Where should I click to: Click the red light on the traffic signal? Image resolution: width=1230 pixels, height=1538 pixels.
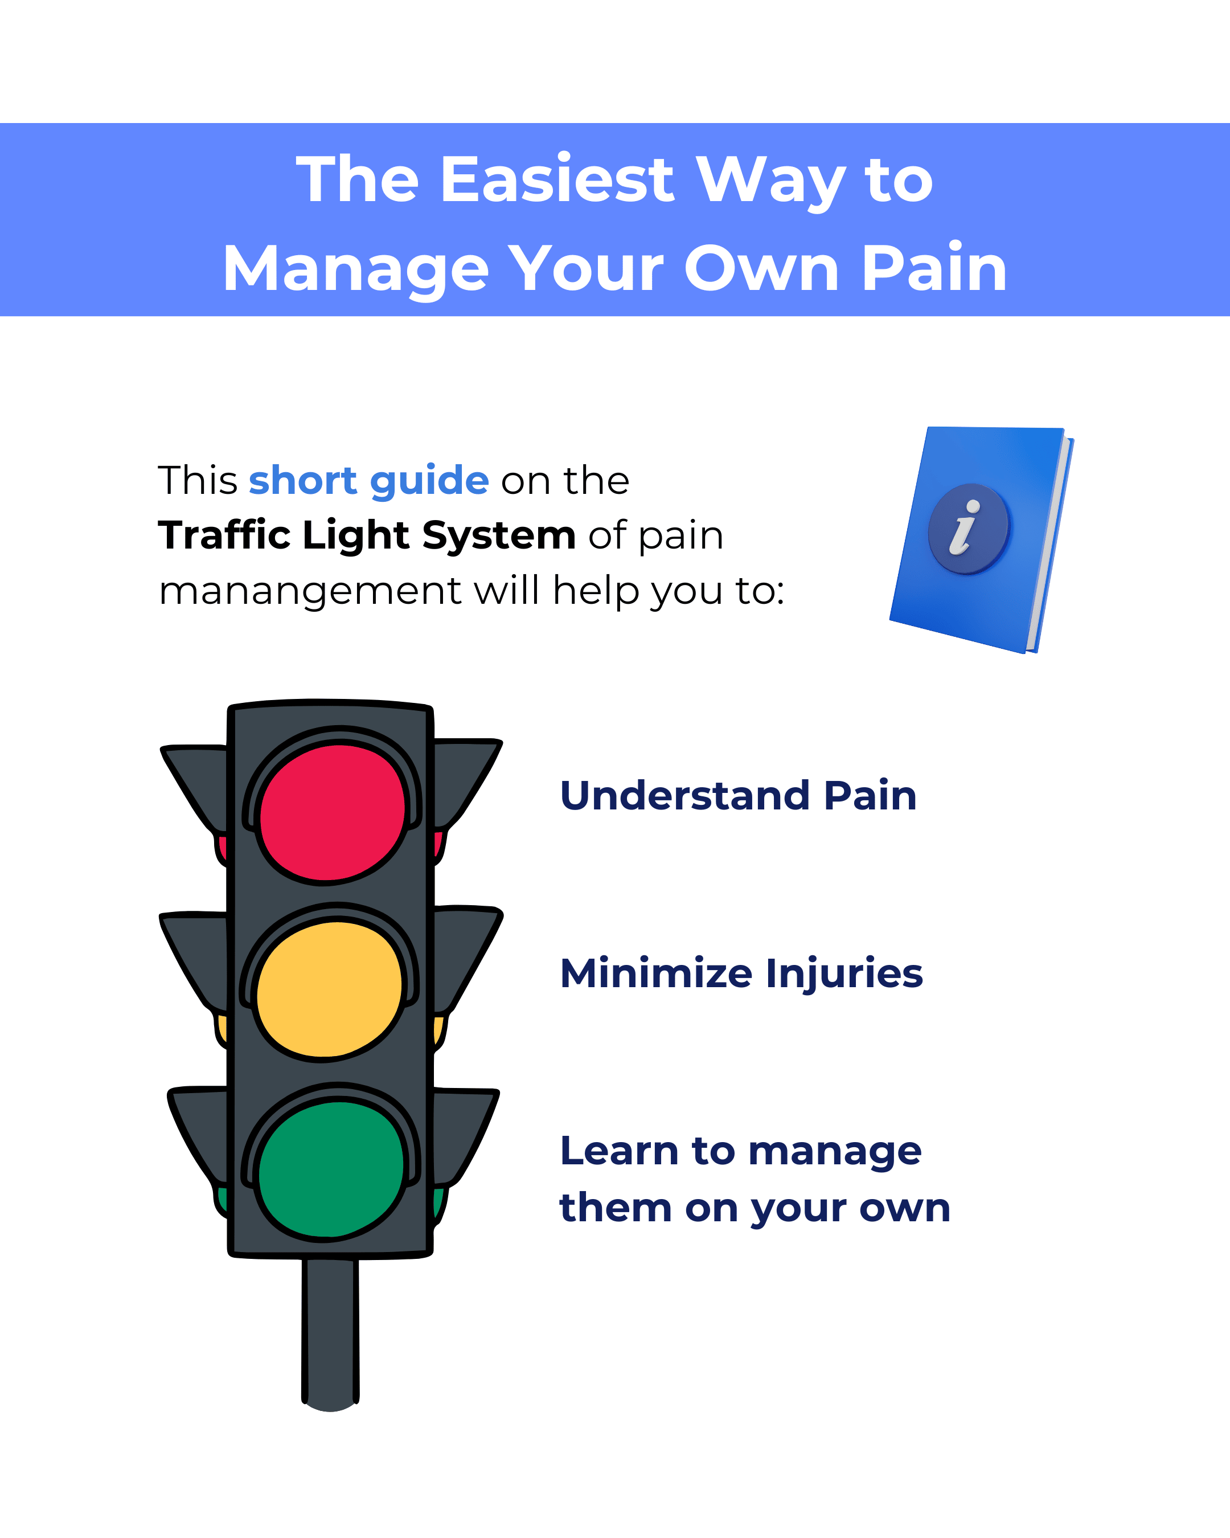[x=331, y=813]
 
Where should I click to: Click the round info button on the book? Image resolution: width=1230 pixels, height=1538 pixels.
[x=968, y=529]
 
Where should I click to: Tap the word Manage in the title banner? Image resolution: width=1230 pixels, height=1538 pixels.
[x=355, y=269]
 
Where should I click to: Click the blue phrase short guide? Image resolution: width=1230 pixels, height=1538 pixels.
[x=368, y=480]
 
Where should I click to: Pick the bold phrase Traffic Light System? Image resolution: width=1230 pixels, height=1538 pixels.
[x=367, y=535]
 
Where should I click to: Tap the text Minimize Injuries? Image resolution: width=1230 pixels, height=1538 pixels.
[x=741, y=973]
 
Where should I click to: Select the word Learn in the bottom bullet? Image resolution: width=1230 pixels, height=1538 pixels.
[x=619, y=1151]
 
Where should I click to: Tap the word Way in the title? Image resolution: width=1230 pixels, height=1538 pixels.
[x=770, y=181]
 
